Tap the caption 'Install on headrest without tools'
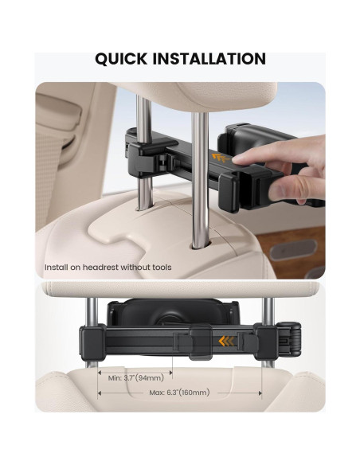point(108,268)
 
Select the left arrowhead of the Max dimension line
point(100,393)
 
